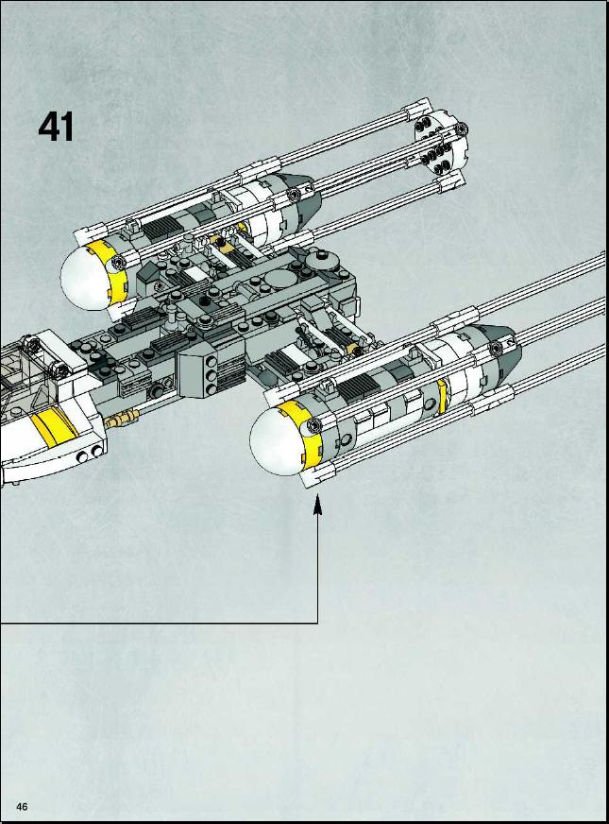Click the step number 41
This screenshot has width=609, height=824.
point(56,127)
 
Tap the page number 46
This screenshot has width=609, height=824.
point(22,806)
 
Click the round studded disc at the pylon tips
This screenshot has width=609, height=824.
point(440,143)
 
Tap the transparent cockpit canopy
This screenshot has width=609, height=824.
point(17,373)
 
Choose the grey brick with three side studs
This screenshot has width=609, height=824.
point(198,373)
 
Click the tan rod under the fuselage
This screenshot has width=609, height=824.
point(121,419)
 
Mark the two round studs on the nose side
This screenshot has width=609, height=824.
point(90,454)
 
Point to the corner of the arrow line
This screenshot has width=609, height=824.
point(317,624)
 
